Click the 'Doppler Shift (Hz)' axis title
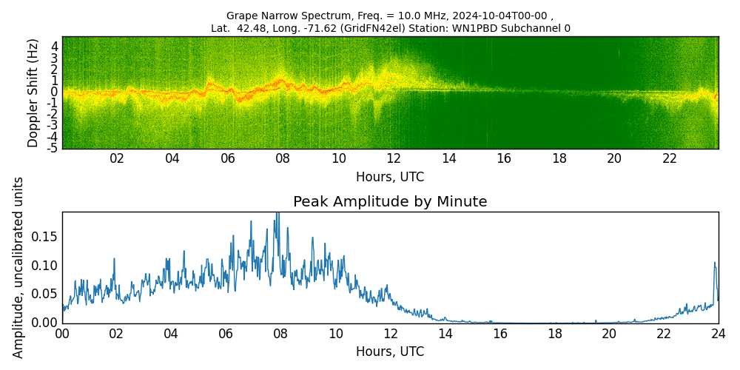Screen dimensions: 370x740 (x=33, y=92)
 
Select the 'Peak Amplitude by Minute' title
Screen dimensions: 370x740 (x=390, y=202)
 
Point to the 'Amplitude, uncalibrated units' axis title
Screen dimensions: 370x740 (x=18, y=267)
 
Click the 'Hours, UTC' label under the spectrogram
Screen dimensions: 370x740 (x=390, y=178)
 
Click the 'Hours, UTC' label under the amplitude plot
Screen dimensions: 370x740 (x=390, y=351)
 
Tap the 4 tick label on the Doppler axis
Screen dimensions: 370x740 (x=54, y=46)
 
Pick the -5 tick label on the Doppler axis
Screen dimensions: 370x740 (x=52, y=149)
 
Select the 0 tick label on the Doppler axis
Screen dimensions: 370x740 (x=54, y=92)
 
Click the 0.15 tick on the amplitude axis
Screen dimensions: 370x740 (x=45, y=237)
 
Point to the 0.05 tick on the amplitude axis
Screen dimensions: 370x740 (x=45, y=294)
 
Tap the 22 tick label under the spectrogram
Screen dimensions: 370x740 (x=670, y=158)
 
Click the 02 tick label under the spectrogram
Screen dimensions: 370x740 (x=117, y=158)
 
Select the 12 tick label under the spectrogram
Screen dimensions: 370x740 (x=394, y=158)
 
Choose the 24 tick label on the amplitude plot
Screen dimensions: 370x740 (x=719, y=334)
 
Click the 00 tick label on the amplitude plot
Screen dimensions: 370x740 (x=62, y=334)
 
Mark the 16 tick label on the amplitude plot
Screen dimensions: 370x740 (x=499, y=334)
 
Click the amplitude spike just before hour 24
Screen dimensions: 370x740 (x=715, y=263)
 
